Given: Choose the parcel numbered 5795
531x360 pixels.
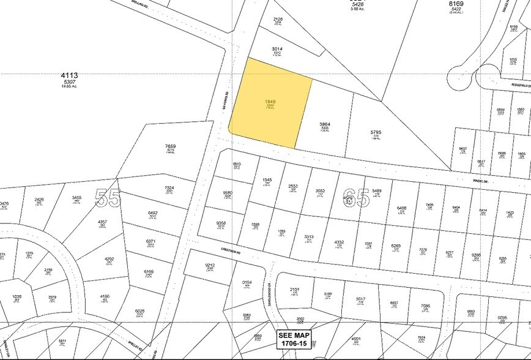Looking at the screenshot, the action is point(376,132).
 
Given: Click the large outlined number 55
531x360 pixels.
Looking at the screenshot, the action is point(109,198).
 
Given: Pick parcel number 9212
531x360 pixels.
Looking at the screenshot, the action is point(210,264).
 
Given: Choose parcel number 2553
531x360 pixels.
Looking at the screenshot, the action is point(293,187).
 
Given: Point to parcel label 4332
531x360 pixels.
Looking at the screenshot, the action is point(340,242).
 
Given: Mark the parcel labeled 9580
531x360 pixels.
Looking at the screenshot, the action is point(228,193).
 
